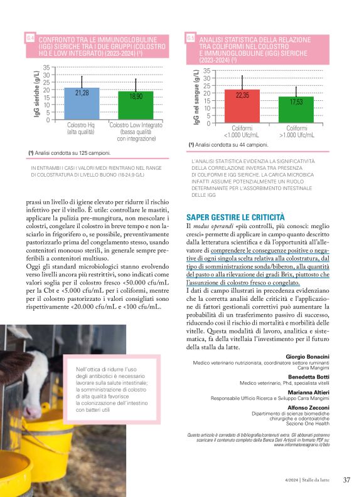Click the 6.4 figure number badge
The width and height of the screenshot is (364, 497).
(31, 38)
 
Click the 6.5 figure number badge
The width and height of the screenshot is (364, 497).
(191, 39)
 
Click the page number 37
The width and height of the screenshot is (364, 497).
(346, 480)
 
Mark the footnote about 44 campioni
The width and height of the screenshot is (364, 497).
(228, 145)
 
